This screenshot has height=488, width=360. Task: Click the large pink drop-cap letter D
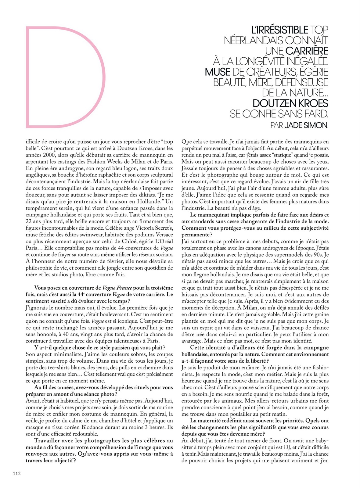pos(66,77)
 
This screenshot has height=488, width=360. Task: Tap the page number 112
pos(16,473)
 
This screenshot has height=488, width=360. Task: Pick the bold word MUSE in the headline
pos(218,72)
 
